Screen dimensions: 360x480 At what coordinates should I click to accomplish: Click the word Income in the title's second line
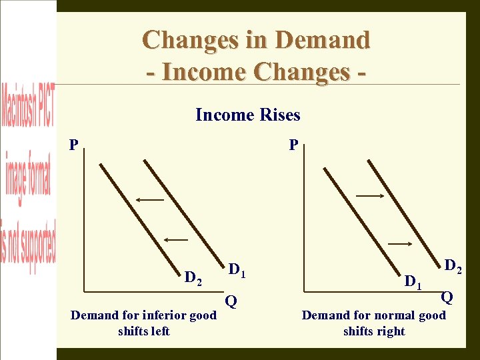pyautogui.click(x=200, y=71)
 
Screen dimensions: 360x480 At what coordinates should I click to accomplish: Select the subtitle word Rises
pyautogui.click(x=279, y=115)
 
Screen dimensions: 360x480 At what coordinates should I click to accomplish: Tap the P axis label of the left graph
pyautogui.click(x=73, y=145)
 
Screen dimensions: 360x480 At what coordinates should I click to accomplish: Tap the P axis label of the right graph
pyautogui.click(x=293, y=145)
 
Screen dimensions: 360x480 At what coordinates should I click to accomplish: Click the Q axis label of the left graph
pyautogui.click(x=231, y=301)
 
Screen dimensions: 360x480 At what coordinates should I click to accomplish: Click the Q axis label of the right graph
pyautogui.click(x=447, y=297)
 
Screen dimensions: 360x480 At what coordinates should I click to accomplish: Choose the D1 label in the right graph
pyautogui.click(x=413, y=282)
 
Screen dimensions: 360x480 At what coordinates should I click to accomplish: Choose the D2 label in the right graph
pyautogui.click(x=453, y=267)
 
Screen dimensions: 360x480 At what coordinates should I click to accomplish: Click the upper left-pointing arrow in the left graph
pyautogui.click(x=150, y=199)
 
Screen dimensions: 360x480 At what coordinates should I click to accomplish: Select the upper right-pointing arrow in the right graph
pyautogui.click(x=369, y=195)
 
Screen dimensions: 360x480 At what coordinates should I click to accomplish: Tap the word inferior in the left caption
pyautogui.click(x=167, y=315)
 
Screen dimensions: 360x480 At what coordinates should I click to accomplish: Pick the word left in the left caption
pyautogui.click(x=162, y=331)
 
